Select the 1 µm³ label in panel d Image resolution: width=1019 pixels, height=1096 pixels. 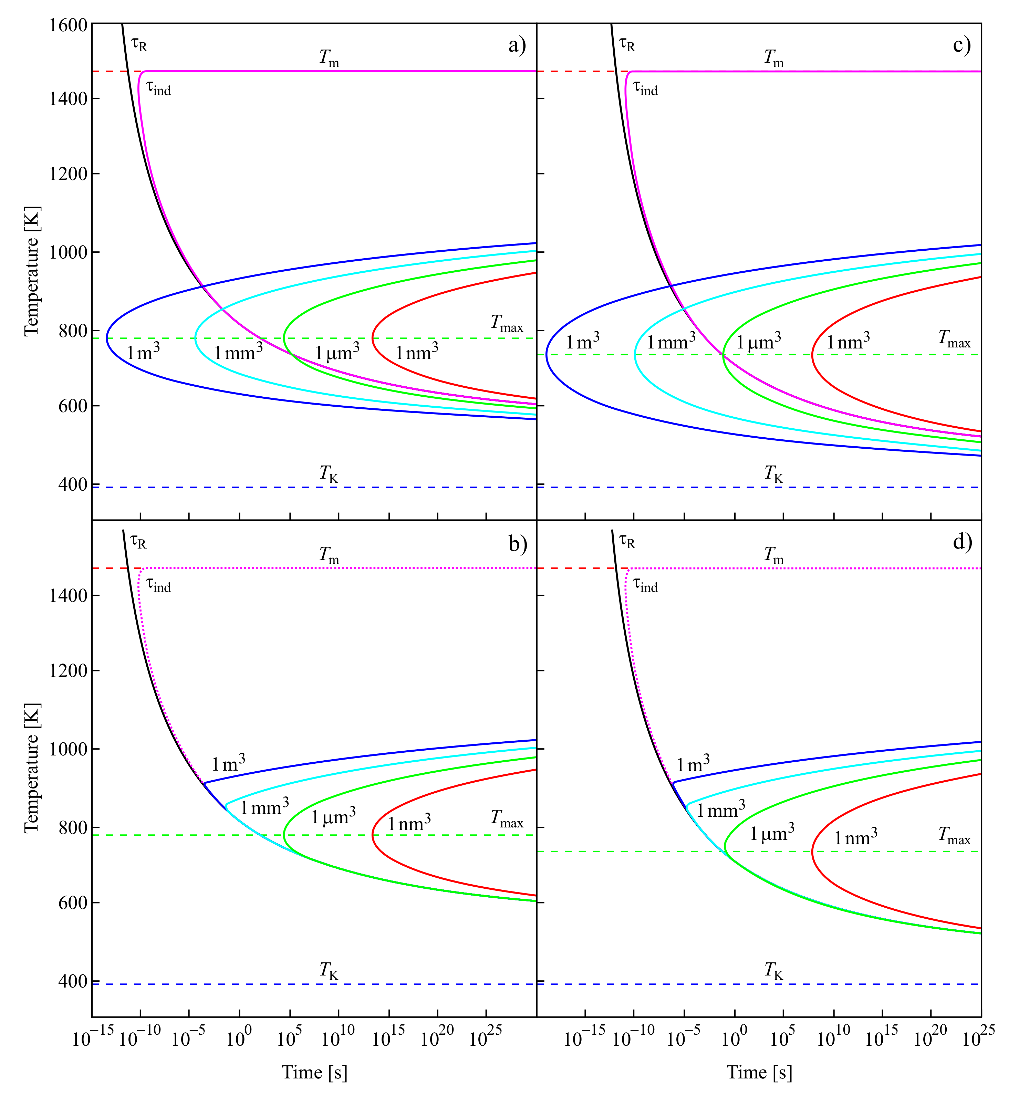(772, 833)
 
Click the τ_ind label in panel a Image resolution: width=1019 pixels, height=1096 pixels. (158, 88)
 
